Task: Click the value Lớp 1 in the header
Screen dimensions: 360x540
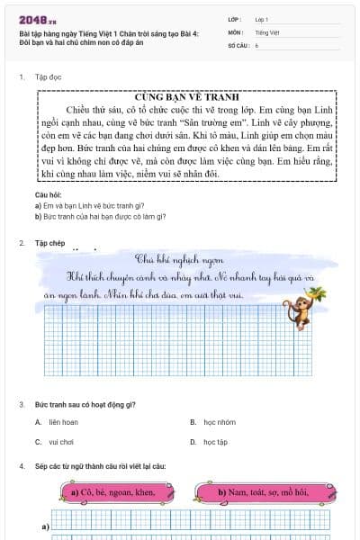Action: click(262, 19)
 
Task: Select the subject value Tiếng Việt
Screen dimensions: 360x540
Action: click(266, 31)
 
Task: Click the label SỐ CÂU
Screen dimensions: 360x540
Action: click(238, 44)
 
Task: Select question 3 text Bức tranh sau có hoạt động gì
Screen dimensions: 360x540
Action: click(85, 404)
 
